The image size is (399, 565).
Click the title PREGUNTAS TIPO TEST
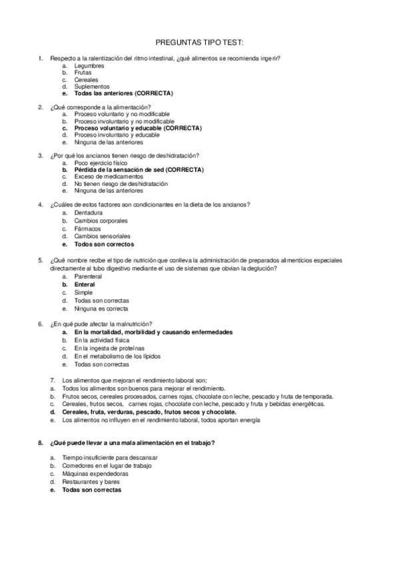pos(199,41)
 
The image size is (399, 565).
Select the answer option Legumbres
pos(89,65)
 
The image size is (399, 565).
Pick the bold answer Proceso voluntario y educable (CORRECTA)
pos(137,128)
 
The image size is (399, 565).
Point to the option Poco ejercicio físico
pos(101,163)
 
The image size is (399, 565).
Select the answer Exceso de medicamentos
pos(108,177)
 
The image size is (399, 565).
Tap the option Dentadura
pos(89,213)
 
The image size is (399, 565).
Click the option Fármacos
pos(88,228)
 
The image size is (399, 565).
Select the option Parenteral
pos(88,276)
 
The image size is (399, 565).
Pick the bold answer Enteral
pos(85,284)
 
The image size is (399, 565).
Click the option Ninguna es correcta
pos(101,308)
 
